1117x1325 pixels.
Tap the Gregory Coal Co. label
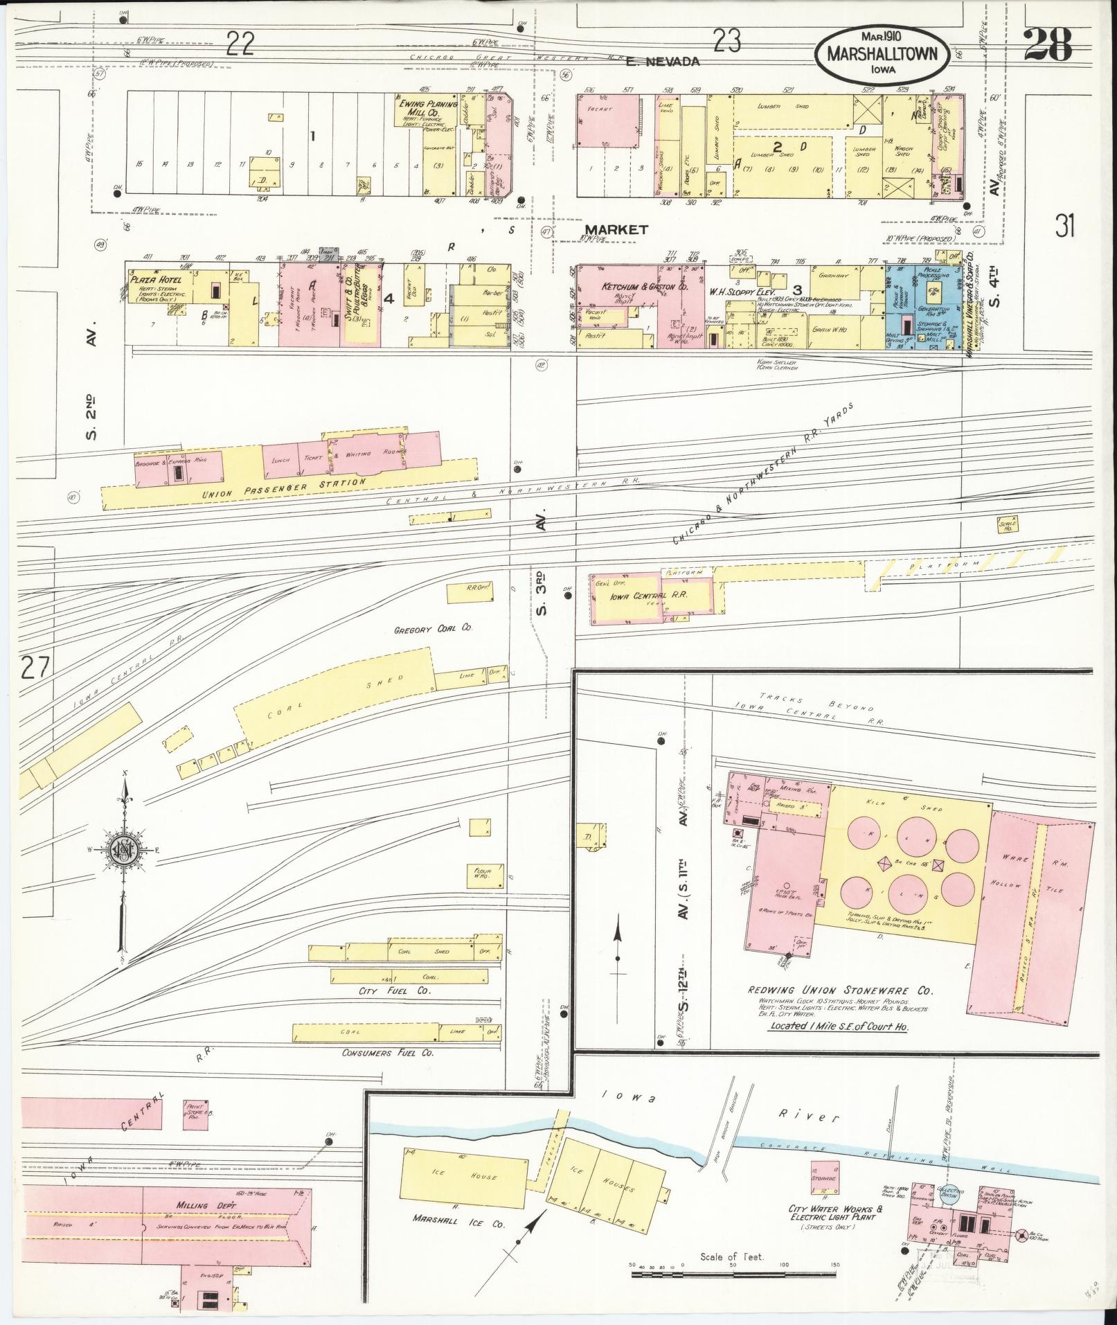click(x=432, y=628)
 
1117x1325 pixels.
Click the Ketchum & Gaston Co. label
click(x=634, y=286)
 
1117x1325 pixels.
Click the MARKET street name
click(x=616, y=229)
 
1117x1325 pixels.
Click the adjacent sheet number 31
click(x=1066, y=226)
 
